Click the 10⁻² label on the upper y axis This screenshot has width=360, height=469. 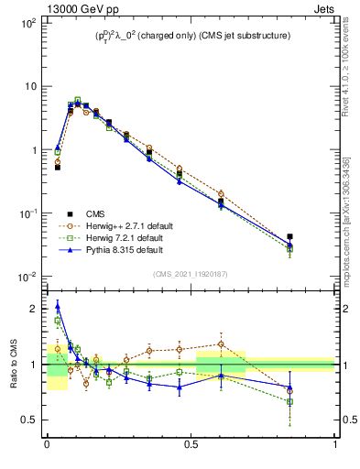click(28, 277)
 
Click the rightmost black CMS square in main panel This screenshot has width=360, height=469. click(289, 236)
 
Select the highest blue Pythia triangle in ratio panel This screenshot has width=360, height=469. click(57, 307)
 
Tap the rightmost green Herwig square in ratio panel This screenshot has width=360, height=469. click(289, 401)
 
